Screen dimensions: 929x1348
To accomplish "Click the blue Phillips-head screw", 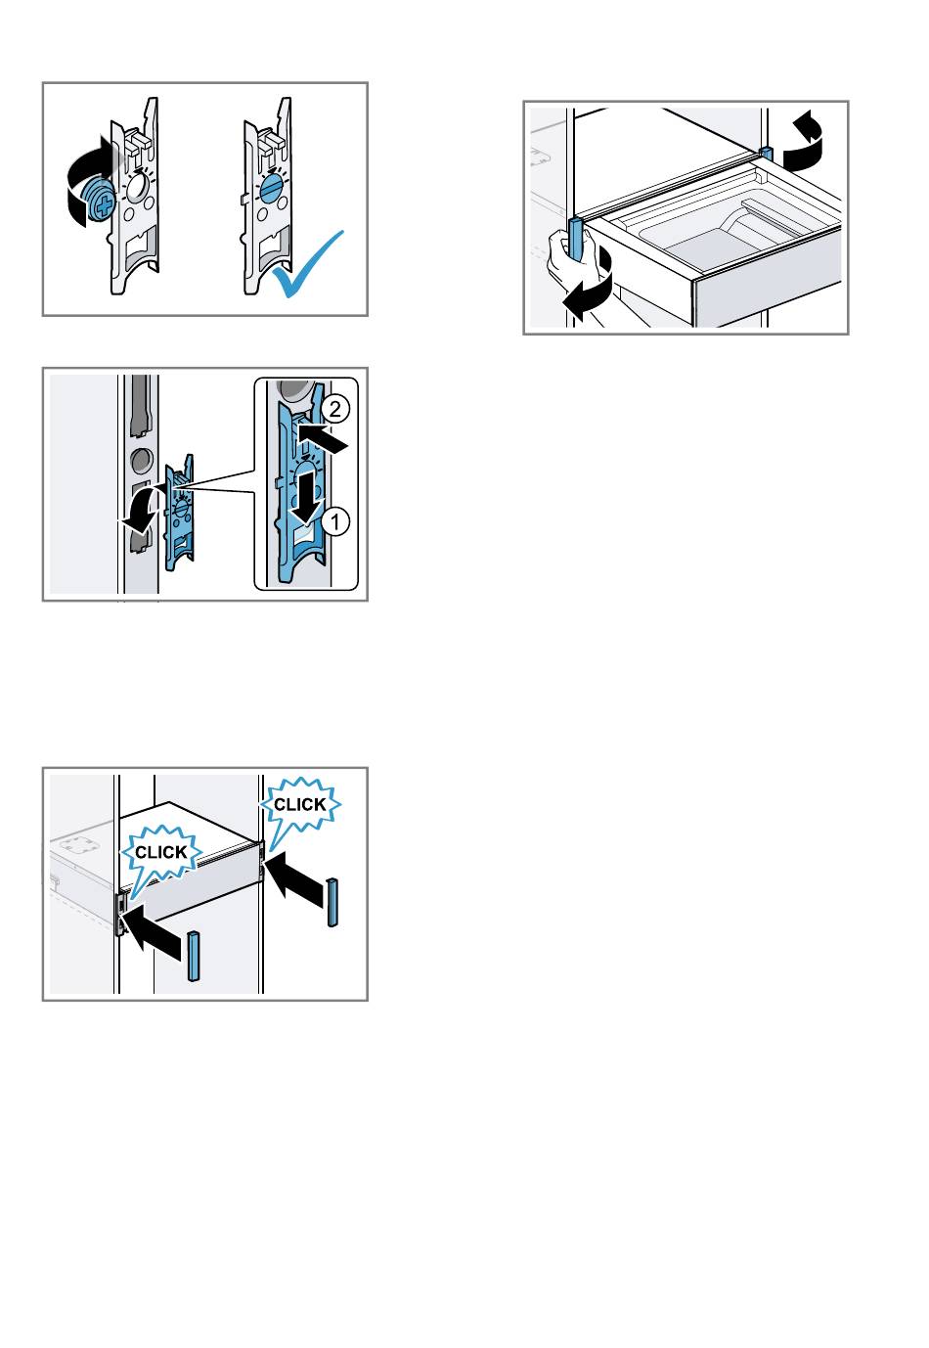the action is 100,200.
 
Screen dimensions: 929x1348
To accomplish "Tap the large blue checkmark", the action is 307,266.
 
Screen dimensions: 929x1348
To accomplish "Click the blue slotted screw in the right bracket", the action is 271,187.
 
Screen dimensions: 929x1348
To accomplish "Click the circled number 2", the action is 333,409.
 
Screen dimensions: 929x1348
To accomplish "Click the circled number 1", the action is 335,520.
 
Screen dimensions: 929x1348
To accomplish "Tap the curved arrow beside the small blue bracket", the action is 143,509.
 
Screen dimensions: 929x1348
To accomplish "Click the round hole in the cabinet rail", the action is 141,460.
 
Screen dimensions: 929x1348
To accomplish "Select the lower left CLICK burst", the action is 161,852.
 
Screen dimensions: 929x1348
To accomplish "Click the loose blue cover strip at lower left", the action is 194,956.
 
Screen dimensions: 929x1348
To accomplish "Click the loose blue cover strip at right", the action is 332,902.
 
